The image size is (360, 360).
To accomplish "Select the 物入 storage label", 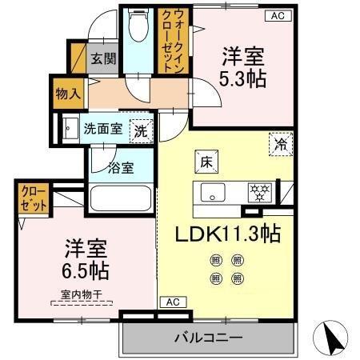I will [67, 93].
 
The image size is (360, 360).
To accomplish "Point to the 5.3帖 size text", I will [244, 80].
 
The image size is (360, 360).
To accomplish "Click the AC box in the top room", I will [277, 15].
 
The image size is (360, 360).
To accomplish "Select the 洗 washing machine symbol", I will [141, 128].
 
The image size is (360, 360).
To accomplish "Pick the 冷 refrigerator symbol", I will [281, 144].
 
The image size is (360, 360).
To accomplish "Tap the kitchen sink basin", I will [214, 192].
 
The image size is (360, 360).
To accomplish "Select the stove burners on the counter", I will [260, 192].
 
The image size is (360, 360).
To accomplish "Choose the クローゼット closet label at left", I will [30, 198].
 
